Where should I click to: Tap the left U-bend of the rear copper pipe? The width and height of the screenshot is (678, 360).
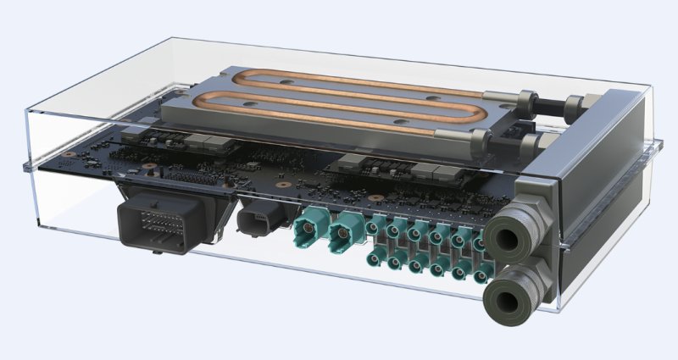click(223, 80)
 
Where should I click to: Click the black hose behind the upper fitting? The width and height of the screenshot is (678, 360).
click(551, 102)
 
